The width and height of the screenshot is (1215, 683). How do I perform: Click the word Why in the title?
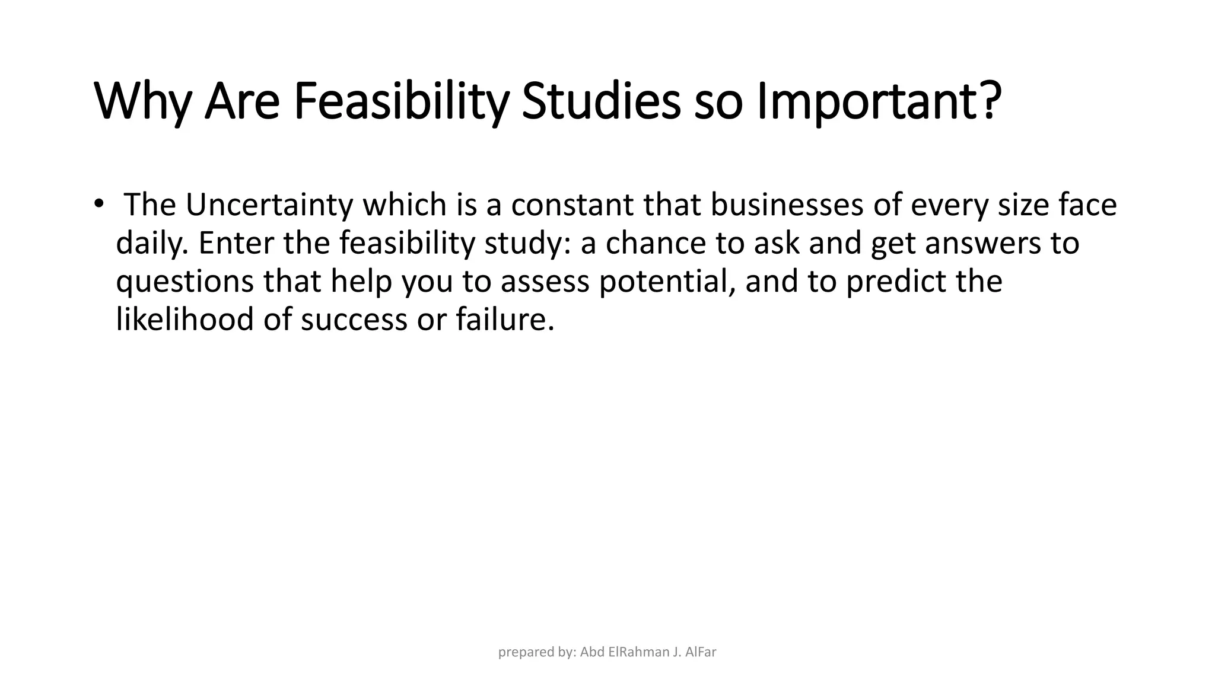(x=142, y=102)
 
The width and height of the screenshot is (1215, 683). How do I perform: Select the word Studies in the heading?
(x=600, y=102)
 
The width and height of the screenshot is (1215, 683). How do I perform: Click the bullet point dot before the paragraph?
(x=98, y=203)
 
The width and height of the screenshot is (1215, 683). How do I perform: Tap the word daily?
(x=151, y=244)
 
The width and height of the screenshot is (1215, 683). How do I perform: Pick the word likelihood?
(x=185, y=319)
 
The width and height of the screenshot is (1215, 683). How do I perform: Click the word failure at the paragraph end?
(x=504, y=319)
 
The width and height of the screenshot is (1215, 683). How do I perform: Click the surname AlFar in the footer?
(x=701, y=653)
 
